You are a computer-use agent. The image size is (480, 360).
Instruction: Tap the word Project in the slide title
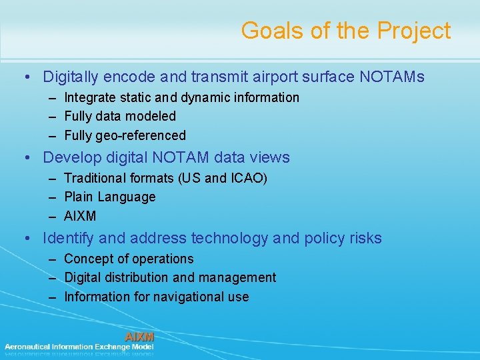coord(415,31)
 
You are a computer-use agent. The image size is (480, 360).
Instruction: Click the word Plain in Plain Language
coord(79,197)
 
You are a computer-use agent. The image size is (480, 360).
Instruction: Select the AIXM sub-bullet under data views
coord(80,216)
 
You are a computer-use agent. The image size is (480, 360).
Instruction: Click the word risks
coord(365,238)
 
